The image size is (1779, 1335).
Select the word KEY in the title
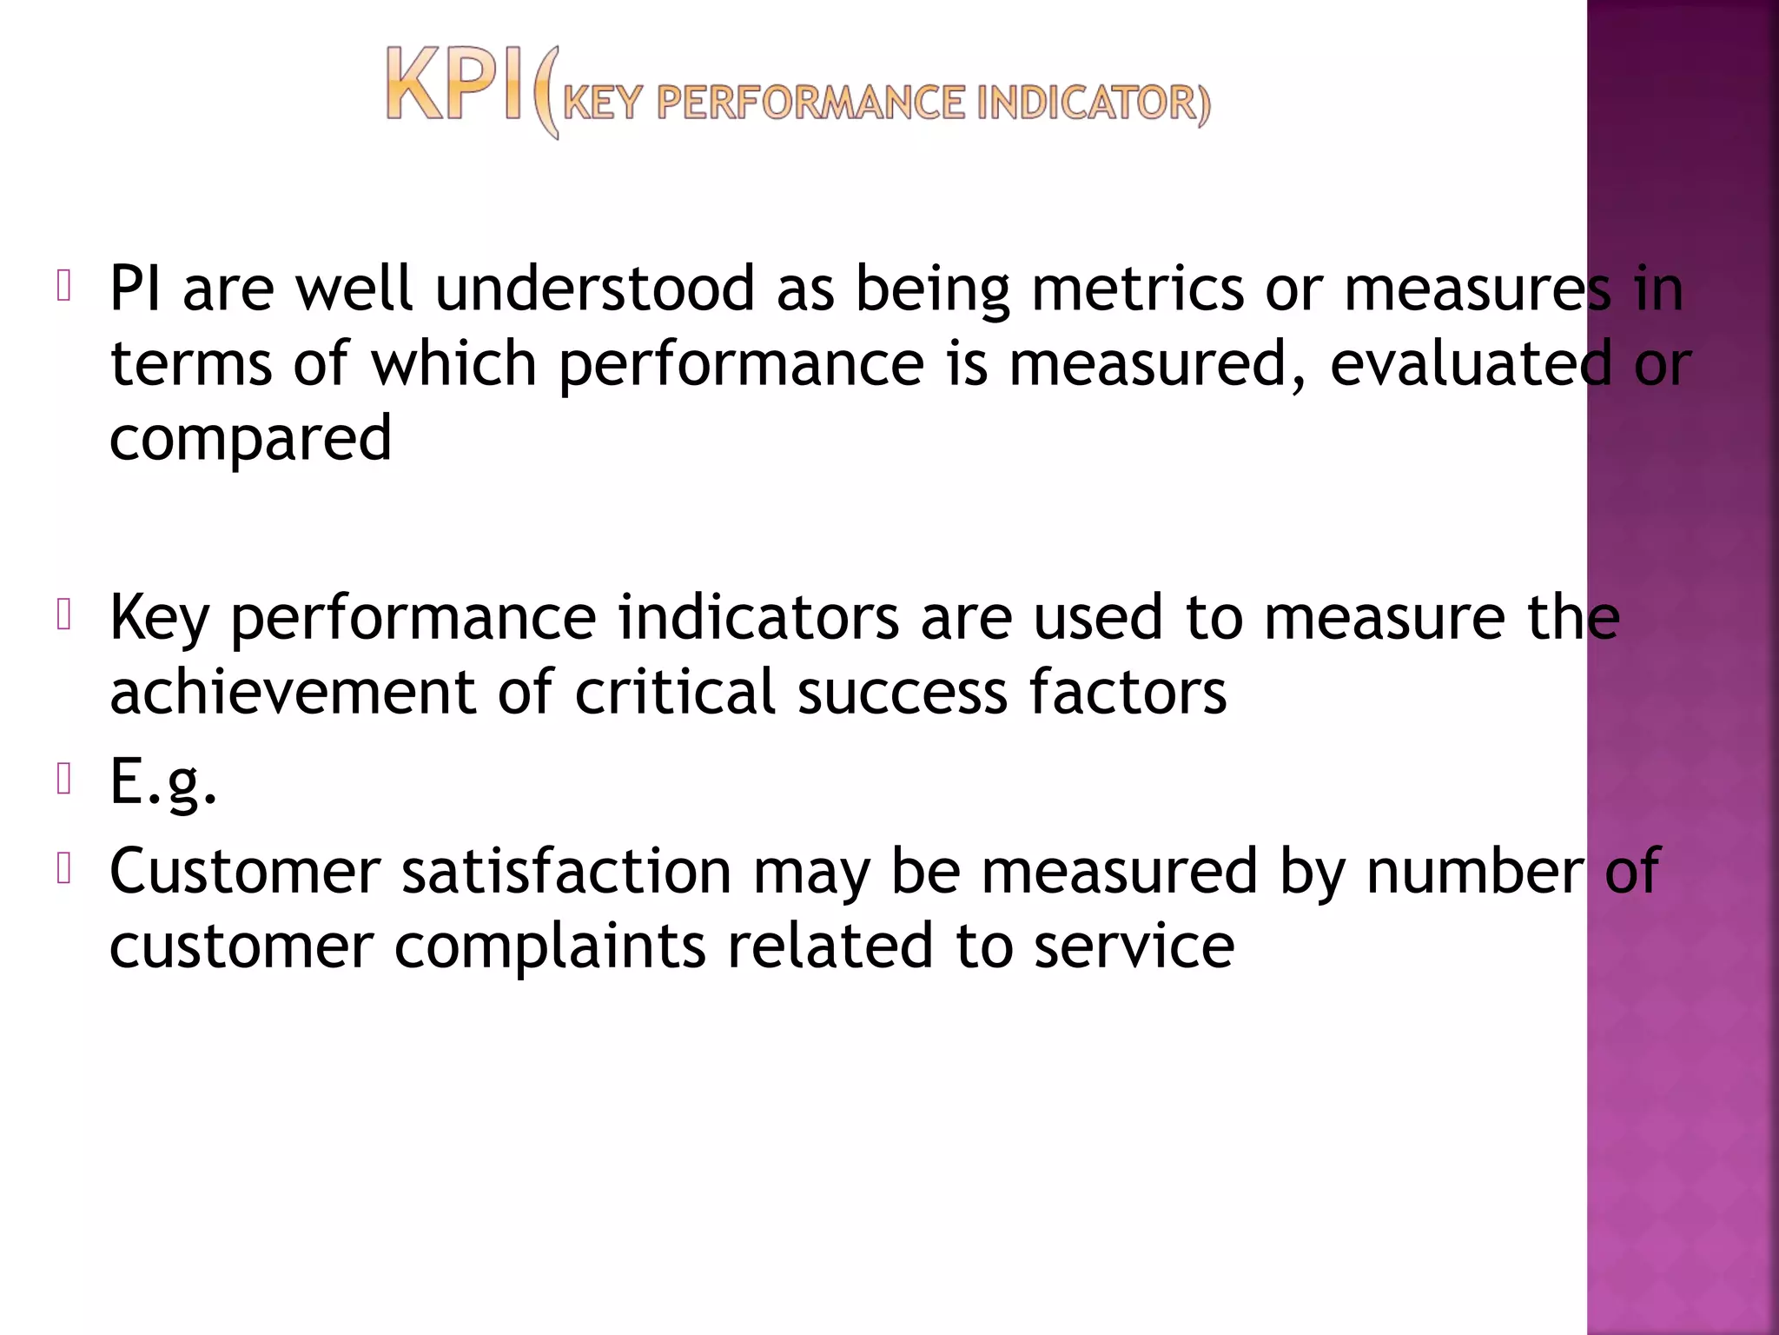pyautogui.click(x=603, y=103)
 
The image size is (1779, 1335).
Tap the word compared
pyautogui.click(x=250, y=438)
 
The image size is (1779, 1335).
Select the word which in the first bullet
pyautogui.click(x=454, y=362)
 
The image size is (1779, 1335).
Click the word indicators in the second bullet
pyautogui.click(x=758, y=617)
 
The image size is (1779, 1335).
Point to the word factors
pyautogui.click(x=1128, y=692)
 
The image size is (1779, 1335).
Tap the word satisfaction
pyautogui.click(x=566, y=871)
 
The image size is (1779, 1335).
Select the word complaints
pyautogui.click(x=550, y=946)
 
